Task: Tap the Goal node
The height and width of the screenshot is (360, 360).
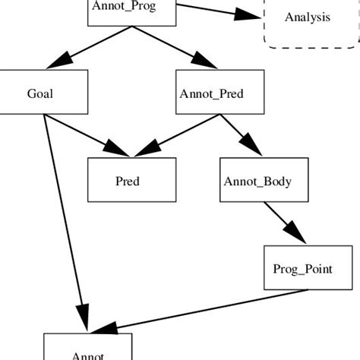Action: tap(39, 93)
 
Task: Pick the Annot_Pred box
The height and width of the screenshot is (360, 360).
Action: tap(220, 93)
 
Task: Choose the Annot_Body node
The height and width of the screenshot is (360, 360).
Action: tap(264, 181)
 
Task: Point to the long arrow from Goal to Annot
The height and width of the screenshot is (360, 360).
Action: tap(62, 220)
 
